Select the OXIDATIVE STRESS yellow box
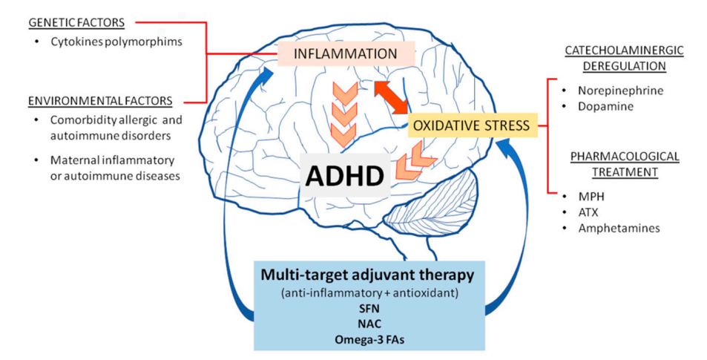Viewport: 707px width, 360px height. pos(471,125)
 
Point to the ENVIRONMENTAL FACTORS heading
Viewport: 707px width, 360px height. pos(99,101)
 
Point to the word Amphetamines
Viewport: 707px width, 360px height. pos(619,229)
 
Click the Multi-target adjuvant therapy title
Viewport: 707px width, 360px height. pos(367,275)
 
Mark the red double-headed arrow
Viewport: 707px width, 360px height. pos(391,97)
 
